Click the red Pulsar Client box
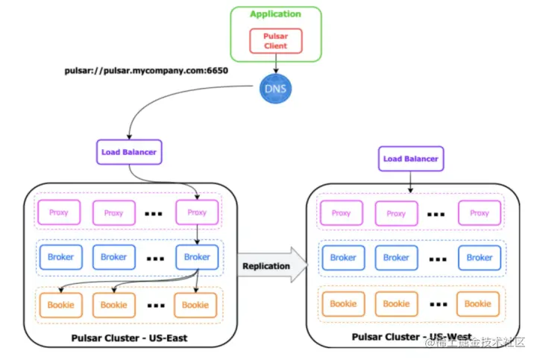click(x=275, y=41)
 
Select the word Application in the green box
click(x=275, y=14)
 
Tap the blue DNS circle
click(x=275, y=89)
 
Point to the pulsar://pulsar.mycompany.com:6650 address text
click(x=146, y=72)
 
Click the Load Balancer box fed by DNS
click(x=130, y=151)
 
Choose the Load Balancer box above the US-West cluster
click(x=411, y=159)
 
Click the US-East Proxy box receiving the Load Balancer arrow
click(x=197, y=212)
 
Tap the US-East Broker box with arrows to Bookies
click(x=197, y=257)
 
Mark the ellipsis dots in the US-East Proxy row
click(x=154, y=213)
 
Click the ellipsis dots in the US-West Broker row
click(x=437, y=258)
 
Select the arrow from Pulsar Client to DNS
click(x=275, y=65)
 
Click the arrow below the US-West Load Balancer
click(x=411, y=182)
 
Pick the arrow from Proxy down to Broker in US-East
click(x=197, y=235)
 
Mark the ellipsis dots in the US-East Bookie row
click(x=154, y=305)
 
